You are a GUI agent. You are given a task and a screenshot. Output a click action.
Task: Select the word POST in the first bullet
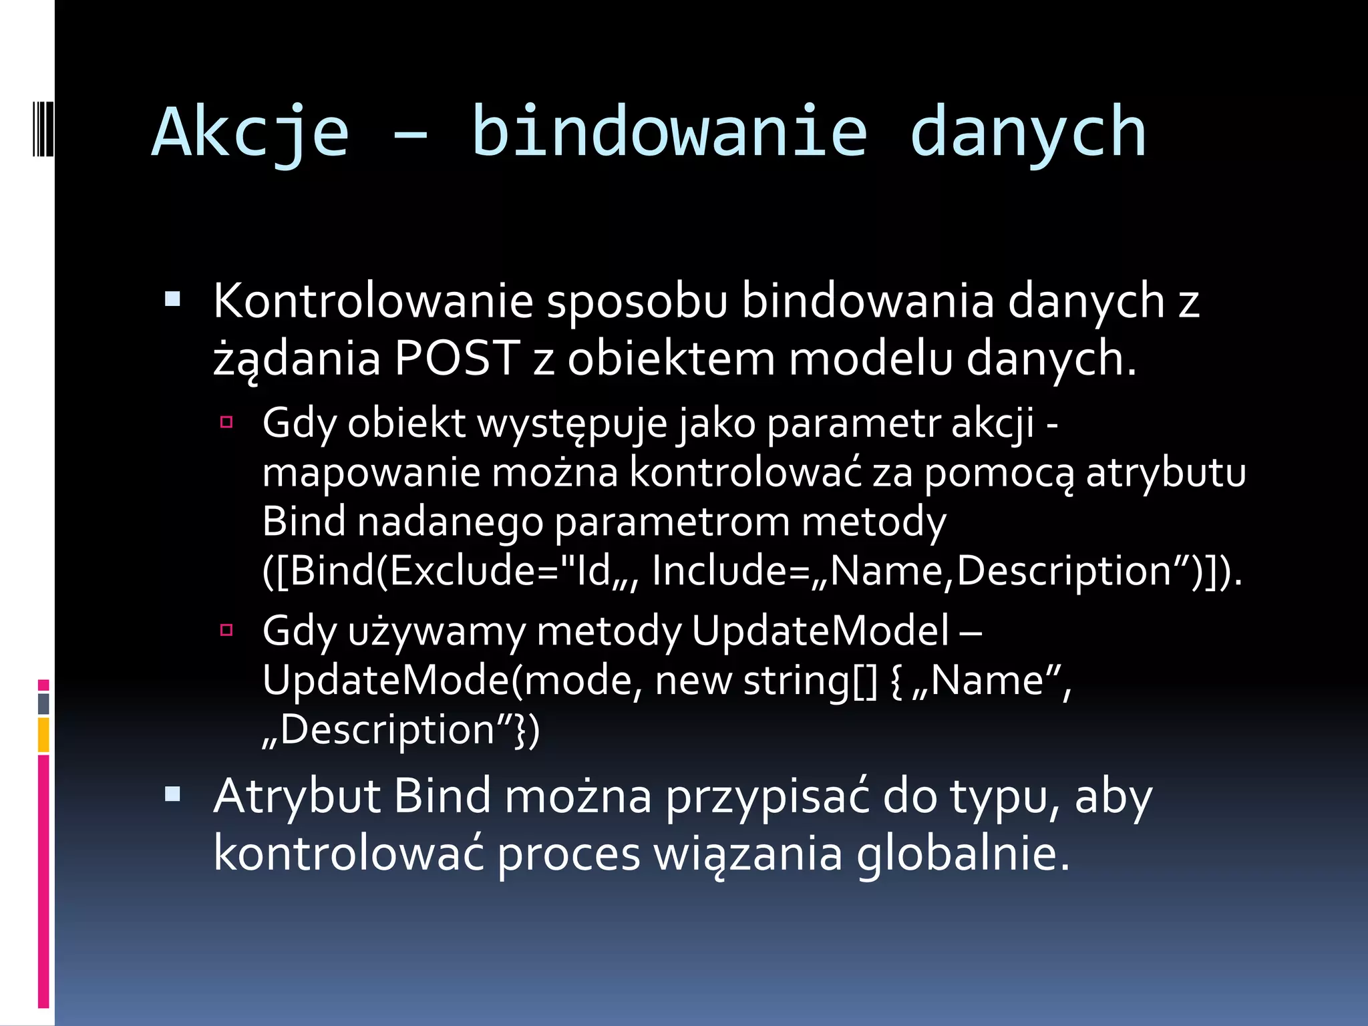[x=457, y=358]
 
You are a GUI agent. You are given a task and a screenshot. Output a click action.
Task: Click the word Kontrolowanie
[x=373, y=301]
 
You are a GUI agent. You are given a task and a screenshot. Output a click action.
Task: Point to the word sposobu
[x=637, y=301]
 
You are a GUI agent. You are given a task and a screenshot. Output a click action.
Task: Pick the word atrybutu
[x=1166, y=473]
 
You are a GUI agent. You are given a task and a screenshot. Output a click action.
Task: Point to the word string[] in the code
[x=810, y=681]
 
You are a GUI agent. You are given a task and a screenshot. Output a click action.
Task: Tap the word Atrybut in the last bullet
[x=296, y=796]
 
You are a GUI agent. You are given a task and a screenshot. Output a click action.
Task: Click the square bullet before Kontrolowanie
[x=172, y=299]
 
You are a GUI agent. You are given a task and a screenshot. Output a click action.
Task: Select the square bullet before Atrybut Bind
[x=172, y=794]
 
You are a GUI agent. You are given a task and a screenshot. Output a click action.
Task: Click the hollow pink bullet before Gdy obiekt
[x=226, y=422]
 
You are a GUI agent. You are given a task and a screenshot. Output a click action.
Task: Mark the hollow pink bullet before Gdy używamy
[x=226, y=629]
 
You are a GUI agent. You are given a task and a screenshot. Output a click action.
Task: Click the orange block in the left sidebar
[x=43, y=735]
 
